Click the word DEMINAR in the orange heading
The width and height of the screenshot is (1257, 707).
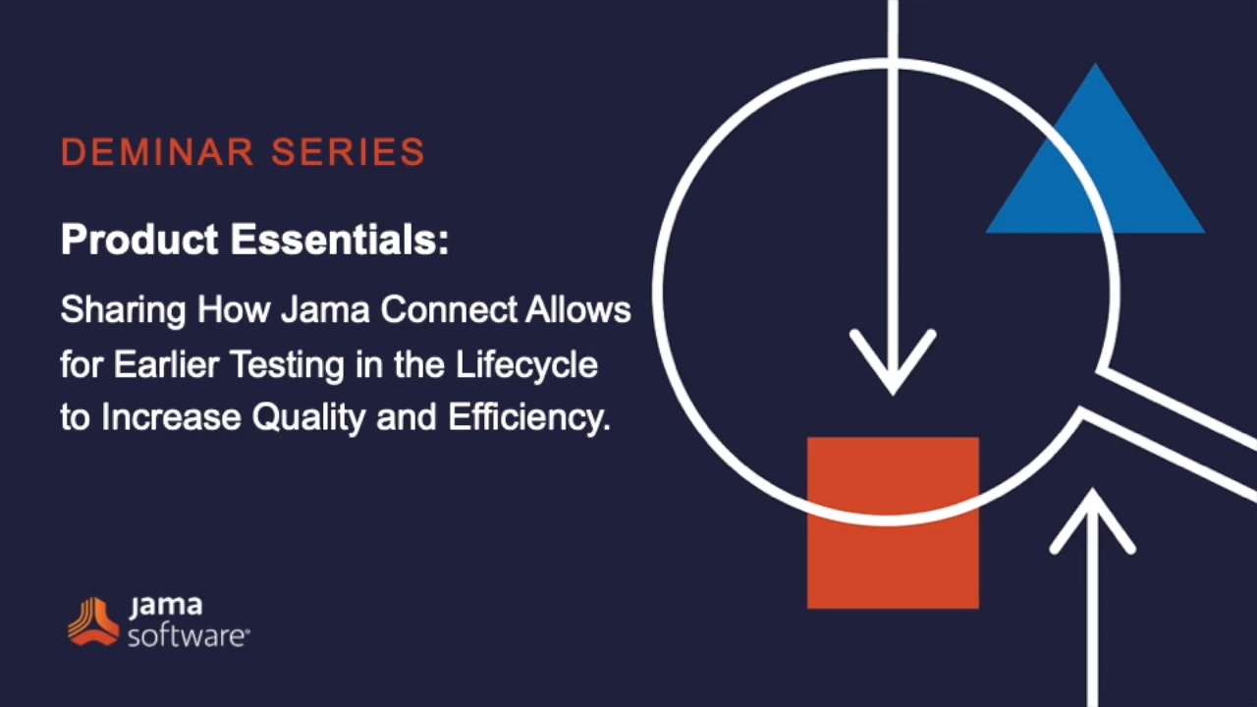pos(157,151)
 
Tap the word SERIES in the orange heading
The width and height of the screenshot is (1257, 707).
pos(349,151)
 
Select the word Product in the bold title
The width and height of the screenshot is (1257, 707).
pos(139,239)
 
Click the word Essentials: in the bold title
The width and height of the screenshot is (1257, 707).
pos(340,239)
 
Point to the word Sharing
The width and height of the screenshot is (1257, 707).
pos(123,310)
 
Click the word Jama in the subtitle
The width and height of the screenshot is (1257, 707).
pos(325,309)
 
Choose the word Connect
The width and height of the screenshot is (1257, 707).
pos(449,309)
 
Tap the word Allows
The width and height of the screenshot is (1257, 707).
pos(578,309)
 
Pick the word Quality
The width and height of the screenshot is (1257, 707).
pos(308,418)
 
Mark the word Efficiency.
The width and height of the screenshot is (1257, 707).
pos(528,418)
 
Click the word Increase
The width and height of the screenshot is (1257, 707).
pos(171,417)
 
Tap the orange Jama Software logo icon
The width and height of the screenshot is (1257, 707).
pos(93,622)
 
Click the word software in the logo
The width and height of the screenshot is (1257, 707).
pos(188,637)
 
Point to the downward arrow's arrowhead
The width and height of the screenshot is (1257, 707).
pos(893,364)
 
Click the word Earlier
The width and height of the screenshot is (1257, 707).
pos(166,364)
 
